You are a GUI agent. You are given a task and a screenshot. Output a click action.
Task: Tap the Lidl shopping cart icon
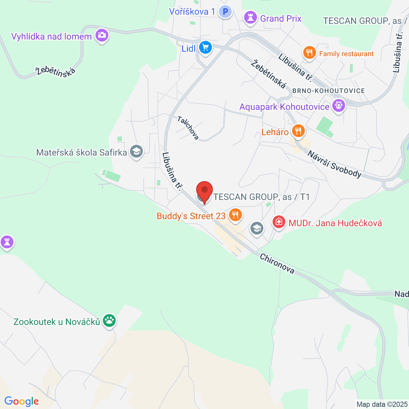coord(205,48)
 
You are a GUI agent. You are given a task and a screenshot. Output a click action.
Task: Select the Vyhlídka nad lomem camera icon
coord(102,35)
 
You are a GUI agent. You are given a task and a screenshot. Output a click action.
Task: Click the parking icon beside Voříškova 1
coord(225,12)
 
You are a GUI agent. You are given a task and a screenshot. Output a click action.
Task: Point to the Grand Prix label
coord(281,18)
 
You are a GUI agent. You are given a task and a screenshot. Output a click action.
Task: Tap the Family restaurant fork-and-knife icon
coord(309,53)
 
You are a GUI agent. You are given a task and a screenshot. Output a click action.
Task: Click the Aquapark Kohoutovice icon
coord(338,105)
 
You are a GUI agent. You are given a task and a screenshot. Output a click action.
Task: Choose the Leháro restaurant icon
coord(298,131)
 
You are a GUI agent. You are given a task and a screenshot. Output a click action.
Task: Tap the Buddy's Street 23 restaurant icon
coord(235,215)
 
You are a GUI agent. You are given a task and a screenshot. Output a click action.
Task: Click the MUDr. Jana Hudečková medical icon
coord(278,222)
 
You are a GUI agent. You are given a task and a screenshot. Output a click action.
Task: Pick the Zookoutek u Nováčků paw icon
coord(109,320)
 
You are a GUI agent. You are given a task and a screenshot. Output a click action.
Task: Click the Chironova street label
coord(277,263)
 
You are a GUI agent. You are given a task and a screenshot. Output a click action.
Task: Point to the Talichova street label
coord(188,128)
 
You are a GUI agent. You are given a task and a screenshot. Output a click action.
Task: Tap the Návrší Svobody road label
coord(334,164)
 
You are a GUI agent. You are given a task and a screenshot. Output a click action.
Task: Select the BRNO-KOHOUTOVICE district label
coord(329,91)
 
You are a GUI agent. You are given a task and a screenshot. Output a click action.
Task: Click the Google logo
coord(21,402)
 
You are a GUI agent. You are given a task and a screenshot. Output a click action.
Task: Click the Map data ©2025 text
coord(382,404)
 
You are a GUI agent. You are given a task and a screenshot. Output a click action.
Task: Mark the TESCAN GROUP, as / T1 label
coord(261,197)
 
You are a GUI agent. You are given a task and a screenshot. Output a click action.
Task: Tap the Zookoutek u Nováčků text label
coord(57,322)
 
